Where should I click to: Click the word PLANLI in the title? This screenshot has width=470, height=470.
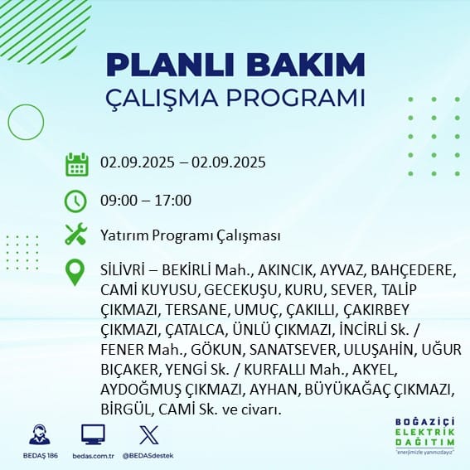point(170,65)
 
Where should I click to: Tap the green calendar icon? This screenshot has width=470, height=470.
point(77,164)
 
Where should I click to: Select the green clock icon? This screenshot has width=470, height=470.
point(75,201)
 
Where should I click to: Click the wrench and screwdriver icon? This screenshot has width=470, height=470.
point(76,234)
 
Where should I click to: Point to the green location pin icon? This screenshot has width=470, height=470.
point(75,272)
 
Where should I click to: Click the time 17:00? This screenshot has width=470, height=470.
point(172,201)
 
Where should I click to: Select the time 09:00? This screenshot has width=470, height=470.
point(119,201)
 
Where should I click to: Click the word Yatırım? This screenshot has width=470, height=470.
point(124,235)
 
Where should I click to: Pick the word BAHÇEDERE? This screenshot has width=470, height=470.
point(411,271)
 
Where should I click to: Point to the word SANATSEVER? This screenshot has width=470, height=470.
point(293,350)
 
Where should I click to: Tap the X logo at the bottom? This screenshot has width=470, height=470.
point(149,435)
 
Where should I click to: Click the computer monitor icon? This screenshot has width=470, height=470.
point(93,434)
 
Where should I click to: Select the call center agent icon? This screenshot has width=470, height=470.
point(40,434)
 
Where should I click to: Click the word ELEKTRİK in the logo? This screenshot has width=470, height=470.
point(424,432)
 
